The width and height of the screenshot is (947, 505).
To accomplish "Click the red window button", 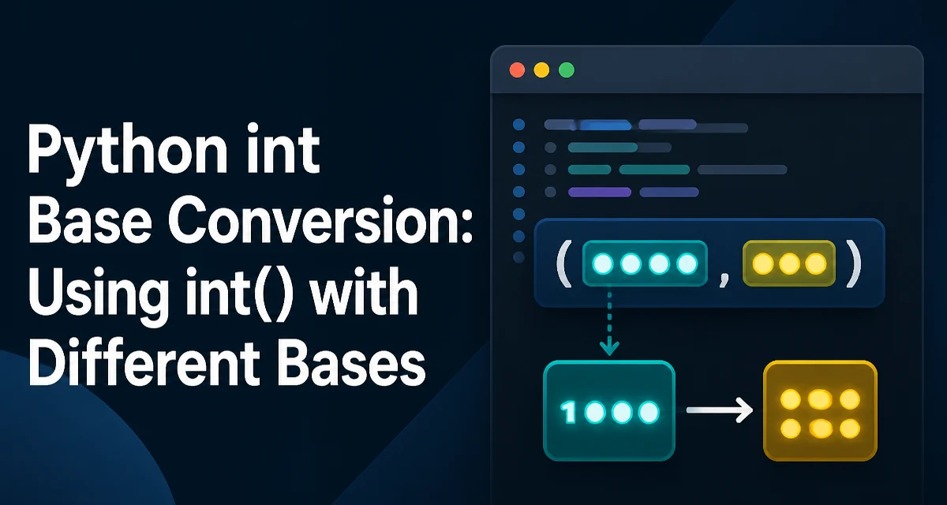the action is point(517,69).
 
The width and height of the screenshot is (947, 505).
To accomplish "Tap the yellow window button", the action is point(541,69).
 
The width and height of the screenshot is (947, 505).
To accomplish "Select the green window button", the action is point(567,69).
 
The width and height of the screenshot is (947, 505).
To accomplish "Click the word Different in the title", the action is point(144,364).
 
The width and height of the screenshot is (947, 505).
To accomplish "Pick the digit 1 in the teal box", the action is point(568,412).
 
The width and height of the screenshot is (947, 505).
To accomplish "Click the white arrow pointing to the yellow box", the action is point(719,410).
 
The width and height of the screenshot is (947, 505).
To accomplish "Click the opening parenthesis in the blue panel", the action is point(564,264).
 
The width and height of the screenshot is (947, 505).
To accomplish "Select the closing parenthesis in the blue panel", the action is point(854,264).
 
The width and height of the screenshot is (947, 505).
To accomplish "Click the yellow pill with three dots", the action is point(789,264).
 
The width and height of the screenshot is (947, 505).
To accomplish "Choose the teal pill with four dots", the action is point(645,264).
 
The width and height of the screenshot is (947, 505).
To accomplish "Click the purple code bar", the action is point(600,193).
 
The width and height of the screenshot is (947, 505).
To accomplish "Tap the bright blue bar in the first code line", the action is point(605,125).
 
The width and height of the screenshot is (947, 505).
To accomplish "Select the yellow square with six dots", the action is point(820,411).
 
